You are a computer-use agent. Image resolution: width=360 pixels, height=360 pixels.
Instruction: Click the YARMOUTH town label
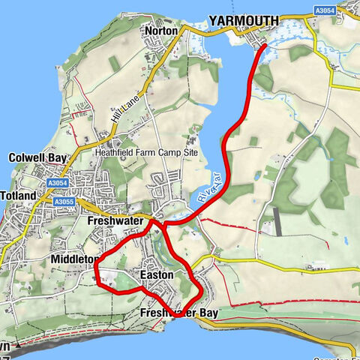point(243,19)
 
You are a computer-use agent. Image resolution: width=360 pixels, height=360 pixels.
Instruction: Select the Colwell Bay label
point(37,157)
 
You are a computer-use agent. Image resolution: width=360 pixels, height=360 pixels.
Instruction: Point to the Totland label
point(18,196)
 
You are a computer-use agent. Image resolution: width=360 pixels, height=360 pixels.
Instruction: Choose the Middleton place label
point(73,259)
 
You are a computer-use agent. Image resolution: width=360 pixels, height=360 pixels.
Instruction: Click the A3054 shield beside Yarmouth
point(325,10)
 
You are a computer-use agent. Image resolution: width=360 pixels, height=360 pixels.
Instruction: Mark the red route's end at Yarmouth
point(264,47)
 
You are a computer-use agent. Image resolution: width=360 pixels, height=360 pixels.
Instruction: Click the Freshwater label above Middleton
point(115,222)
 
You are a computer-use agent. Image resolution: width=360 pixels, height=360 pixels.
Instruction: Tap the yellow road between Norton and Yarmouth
point(196,31)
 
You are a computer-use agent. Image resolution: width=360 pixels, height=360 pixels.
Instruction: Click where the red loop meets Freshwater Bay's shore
point(175,316)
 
